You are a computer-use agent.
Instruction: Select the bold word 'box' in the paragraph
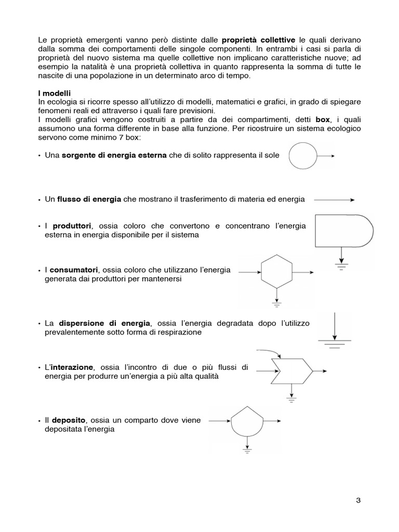click(x=323, y=119)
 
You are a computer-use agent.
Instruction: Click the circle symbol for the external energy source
click(x=302, y=155)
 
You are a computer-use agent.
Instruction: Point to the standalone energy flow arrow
click(x=335, y=199)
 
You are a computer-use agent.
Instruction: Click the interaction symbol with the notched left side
click(x=291, y=371)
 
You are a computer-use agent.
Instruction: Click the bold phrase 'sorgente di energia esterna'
click(x=115, y=156)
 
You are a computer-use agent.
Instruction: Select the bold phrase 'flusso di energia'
click(x=89, y=199)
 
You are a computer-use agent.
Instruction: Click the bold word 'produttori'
click(x=71, y=226)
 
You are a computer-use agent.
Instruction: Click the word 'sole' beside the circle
click(x=272, y=156)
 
